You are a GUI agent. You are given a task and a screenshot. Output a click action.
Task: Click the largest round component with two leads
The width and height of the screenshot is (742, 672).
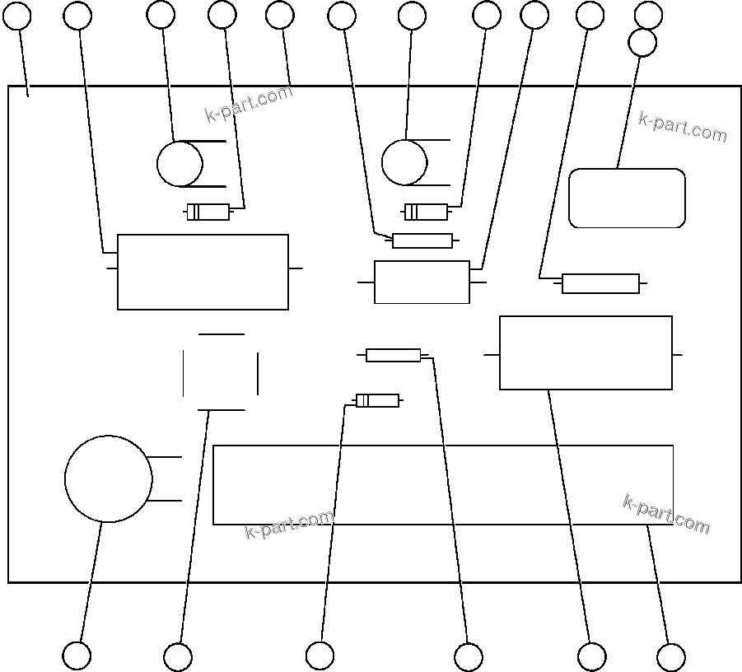[x=108, y=479]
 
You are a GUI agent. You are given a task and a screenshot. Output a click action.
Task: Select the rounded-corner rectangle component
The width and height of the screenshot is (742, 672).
[x=627, y=198]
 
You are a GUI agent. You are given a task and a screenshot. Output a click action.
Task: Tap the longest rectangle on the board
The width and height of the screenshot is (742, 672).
[x=443, y=484]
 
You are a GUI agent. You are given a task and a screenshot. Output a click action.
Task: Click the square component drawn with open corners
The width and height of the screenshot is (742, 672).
[x=221, y=372]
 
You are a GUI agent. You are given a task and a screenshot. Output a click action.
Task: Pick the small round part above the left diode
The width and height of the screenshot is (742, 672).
[x=180, y=163]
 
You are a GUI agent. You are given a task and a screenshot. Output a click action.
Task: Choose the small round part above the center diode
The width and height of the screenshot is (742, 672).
[x=404, y=161]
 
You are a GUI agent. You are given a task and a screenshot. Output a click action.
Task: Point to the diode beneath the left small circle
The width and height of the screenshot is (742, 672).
[x=208, y=212]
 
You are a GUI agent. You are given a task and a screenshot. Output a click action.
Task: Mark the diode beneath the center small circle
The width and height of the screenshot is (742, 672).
[x=427, y=212]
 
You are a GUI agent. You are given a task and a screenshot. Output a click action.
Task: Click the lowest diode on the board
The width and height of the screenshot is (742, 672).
[x=377, y=401]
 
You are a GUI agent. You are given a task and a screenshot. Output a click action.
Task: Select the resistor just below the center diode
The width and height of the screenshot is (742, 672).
[x=422, y=240]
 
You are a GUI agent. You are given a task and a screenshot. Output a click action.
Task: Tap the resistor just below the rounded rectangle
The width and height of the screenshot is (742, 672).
[x=600, y=283]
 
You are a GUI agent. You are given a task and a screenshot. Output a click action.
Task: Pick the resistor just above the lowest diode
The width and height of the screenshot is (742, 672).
[x=393, y=355]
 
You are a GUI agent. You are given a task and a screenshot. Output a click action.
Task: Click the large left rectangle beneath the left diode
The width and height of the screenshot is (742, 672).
[x=203, y=272]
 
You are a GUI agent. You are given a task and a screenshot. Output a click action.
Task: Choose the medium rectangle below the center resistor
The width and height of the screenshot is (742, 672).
[x=422, y=282]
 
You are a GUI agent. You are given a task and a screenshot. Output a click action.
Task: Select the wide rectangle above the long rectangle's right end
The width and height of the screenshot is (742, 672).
[x=586, y=352]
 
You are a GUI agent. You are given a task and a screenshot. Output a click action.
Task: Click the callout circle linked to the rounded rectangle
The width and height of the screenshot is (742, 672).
[x=642, y=43]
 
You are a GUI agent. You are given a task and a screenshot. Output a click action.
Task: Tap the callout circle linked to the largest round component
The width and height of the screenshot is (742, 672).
[x=77, y=656]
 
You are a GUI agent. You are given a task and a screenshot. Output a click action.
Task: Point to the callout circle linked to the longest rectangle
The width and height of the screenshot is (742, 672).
[x=671, y=657]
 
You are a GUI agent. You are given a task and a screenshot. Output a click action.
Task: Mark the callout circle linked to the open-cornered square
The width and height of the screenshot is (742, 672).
[x=178, y=657]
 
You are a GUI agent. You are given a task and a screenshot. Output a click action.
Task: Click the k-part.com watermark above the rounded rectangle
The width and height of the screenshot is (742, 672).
[x=683, y=126]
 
